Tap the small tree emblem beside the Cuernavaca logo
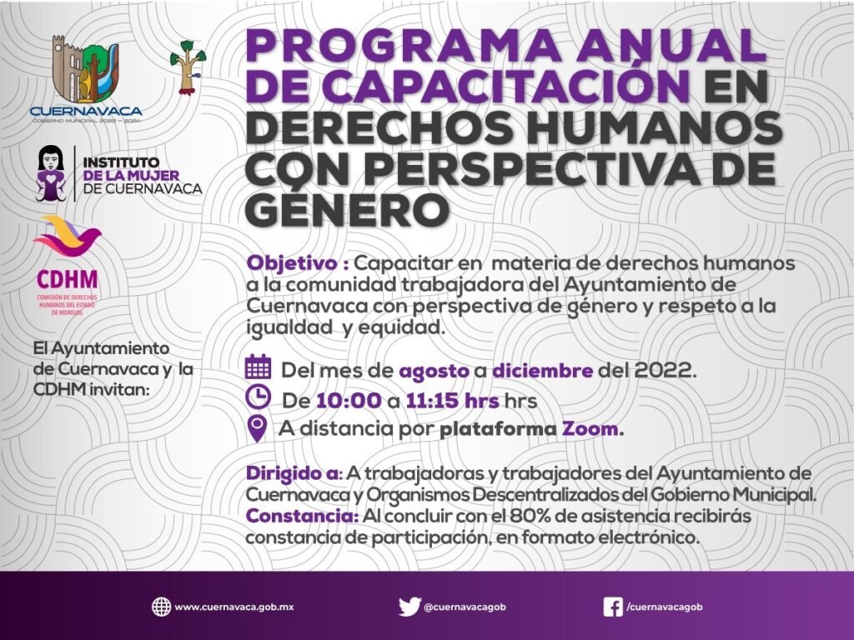tap(188, 67)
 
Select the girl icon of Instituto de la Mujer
tap(51, 173)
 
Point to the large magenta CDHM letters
tap(67, 280)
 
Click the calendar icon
tap(259, 367)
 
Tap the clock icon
tap(259, 397)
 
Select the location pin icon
tap(257, 428)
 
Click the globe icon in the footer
tap(161, 607)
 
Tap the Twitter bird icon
tap(409, 607)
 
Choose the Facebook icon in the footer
tap(613, 607)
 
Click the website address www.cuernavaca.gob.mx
tap(234, 607)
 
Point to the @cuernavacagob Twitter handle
tap(465, 607)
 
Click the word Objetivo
tap(292, 262)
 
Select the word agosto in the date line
tap(434, 371)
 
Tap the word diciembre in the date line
tap(542, 370)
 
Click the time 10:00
tap(349, 401)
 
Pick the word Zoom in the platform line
tap(590, 429)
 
